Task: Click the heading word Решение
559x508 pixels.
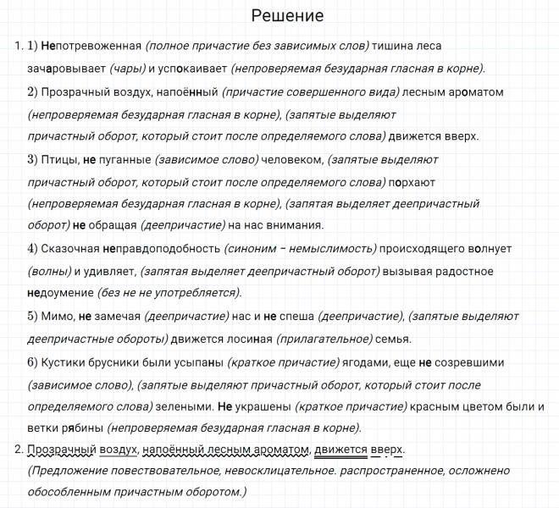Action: pyautogui.click(x=288, y=16)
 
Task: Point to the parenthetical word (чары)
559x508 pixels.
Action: pyautogui.click(x=127, y=69)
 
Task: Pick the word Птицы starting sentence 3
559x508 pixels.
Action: pyautogui.click(x=64, y=158)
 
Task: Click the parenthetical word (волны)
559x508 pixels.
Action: pyautogui.click(x=48, y=270)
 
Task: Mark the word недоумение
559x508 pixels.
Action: pyautogui.click(x=64, y=292)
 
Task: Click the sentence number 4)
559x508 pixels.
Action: pyautogui.click(x=34, y=248)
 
